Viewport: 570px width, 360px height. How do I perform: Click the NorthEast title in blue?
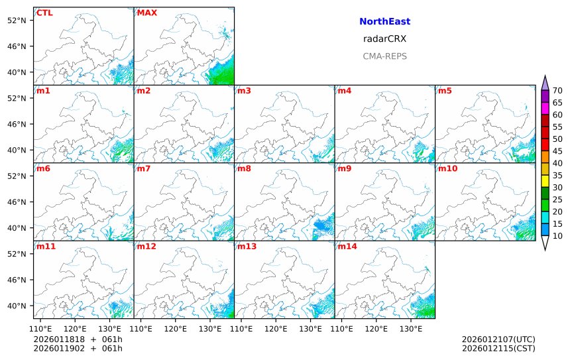tap(384, 21)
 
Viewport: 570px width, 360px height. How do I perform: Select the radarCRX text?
tap(384, 38)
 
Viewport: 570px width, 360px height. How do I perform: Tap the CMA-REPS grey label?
tap(384, 56)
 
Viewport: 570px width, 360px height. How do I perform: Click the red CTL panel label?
tap(44, 13)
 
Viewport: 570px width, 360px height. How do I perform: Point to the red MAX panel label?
tap(146, 13)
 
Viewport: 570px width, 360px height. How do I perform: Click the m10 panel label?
tap(447, 168)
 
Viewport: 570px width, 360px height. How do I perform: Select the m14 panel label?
tap(347, 247)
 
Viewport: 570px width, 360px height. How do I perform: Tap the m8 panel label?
tap(244, 168)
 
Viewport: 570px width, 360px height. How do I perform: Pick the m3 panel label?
tap(244, 90)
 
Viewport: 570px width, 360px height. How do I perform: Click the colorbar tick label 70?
tap(557, 91)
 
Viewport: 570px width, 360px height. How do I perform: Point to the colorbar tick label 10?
tap(557, 236)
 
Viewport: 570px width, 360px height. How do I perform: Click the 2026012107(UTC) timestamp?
tap(498, 339)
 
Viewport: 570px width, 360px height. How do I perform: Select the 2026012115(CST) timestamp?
tap(498, 348)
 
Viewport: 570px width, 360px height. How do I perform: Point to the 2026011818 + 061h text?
tap(78, 339)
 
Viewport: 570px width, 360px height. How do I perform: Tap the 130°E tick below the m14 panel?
tap(411, 328)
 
